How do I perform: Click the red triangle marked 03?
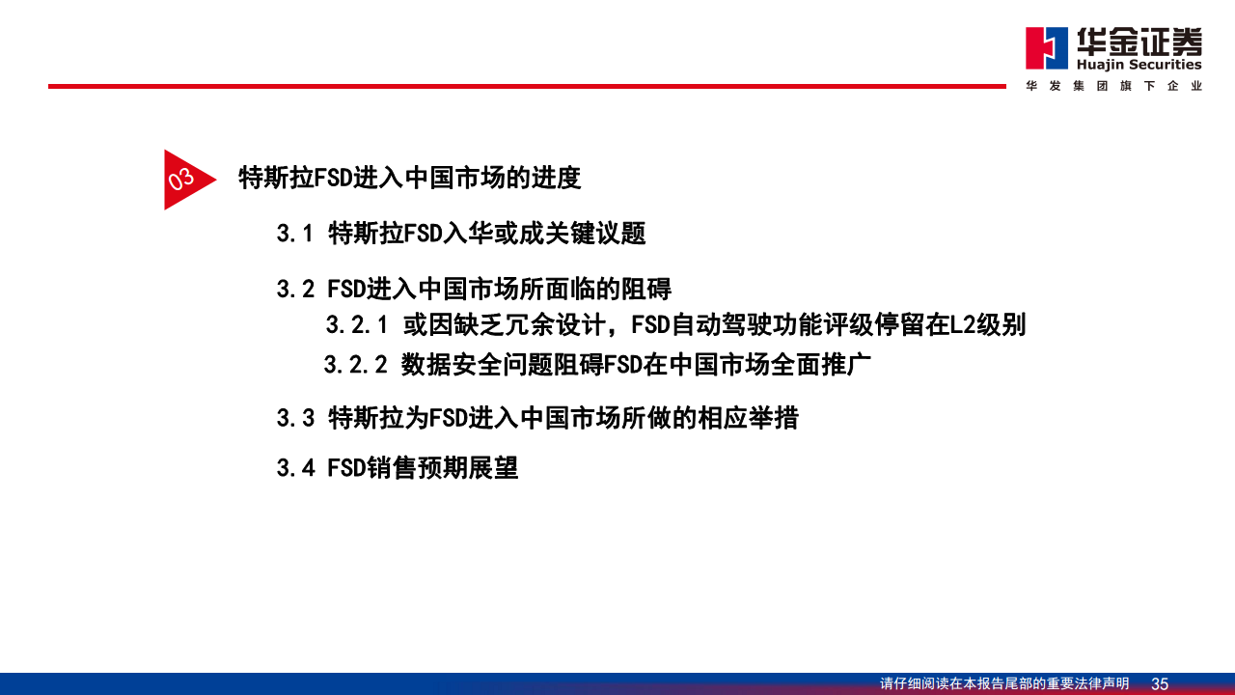pos(183,180)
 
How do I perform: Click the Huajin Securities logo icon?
pos(1047,48)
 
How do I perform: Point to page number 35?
pos(1160,683)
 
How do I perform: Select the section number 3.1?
pos(295,234)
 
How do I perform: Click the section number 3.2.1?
pos(356,325)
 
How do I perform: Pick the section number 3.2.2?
pos(355,365)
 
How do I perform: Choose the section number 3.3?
pos(295,418)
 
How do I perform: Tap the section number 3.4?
pos(295,468)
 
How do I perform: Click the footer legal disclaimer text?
pos(1003,683)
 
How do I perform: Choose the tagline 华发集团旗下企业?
pos(1113,86)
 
